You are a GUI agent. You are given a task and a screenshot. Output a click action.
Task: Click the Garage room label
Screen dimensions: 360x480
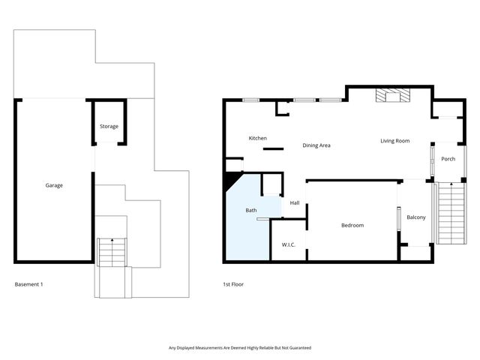(54, 185)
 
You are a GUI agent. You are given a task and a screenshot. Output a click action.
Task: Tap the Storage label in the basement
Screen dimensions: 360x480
(109, 127)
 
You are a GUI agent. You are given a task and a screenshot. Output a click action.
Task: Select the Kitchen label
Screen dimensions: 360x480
(258, 138)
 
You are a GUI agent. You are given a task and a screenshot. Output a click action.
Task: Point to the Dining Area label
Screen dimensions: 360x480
(316, 145)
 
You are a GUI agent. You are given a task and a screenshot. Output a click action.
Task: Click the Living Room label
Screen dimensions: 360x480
(394, 140)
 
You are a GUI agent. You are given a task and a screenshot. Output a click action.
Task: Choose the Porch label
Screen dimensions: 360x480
(448, 159)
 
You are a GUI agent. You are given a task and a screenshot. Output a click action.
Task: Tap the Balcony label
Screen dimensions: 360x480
(415, 217)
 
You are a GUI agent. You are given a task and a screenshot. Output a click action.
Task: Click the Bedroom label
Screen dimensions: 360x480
(352, 226)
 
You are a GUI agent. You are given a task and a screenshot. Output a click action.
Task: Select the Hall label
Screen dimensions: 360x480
(295, 202)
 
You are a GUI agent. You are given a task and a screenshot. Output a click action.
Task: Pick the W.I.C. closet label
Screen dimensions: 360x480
(289, 244)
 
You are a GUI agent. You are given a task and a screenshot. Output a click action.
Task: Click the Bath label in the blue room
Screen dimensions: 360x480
(251, 211)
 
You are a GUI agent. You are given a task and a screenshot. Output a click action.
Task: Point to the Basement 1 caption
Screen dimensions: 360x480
(29, 284)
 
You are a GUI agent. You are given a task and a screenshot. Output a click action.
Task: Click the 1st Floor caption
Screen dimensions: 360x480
(233, 284)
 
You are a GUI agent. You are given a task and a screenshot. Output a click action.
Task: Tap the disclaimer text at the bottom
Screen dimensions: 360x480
(239, 348)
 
